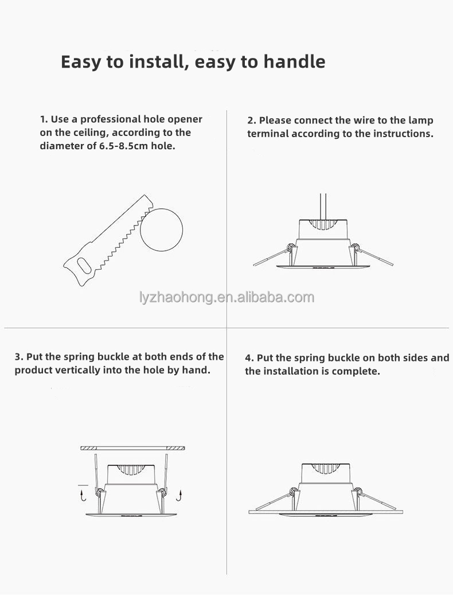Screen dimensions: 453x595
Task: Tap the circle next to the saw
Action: pos(162,230)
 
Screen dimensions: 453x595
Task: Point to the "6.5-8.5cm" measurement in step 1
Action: pos(123,146)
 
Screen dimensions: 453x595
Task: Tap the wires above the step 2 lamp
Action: pos(323,207)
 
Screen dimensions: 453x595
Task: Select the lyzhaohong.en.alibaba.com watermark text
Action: pos(227,297)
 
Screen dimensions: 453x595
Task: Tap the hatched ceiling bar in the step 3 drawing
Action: pos(132,448)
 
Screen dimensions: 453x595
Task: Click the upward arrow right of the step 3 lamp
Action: pos(180,495)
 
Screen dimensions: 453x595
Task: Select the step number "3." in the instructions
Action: pos(19,357)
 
